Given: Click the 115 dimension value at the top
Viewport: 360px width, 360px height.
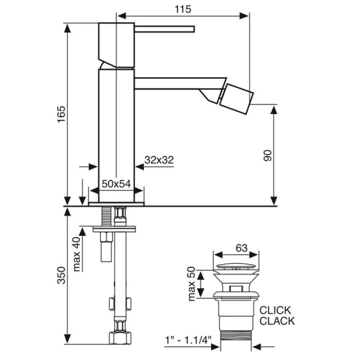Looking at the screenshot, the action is pos(183,9).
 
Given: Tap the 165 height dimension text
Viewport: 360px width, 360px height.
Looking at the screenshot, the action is pos(61,114).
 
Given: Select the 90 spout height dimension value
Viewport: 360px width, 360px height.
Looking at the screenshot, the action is pos(267,156).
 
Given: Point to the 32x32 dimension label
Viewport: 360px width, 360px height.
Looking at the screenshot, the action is pos(159,160).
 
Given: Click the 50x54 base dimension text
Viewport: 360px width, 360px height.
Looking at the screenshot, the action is pos(116,184).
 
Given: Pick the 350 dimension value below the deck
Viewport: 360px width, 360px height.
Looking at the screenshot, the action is pos(61,275).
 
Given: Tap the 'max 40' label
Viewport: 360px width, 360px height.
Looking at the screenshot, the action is pos(77,254).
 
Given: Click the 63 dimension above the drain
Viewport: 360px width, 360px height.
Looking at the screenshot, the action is pos(241,248).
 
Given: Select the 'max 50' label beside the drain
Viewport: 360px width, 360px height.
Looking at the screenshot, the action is pos(191,283).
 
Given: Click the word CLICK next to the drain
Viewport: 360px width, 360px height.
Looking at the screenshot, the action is pos(275,311).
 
